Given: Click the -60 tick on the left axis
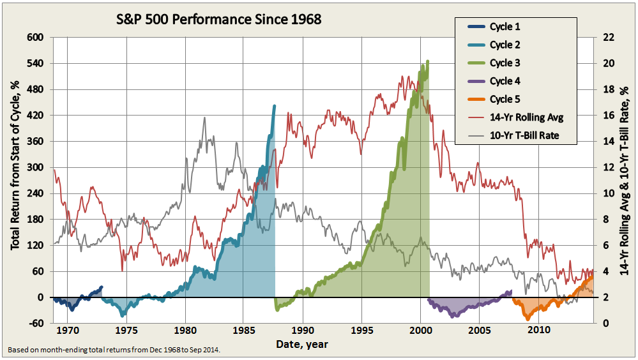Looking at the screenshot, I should click(36, 324).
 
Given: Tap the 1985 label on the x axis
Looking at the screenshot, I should click(245, 331).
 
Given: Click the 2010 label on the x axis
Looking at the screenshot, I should click(539, 331).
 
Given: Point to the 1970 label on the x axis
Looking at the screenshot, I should click(68, 331).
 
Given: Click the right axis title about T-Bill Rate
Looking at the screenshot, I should click(627, 180).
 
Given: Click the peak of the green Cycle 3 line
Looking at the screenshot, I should click(427, 61).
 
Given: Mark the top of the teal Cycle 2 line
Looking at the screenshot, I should click(275, 106).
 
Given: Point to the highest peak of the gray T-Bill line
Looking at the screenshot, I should click(204, 117).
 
